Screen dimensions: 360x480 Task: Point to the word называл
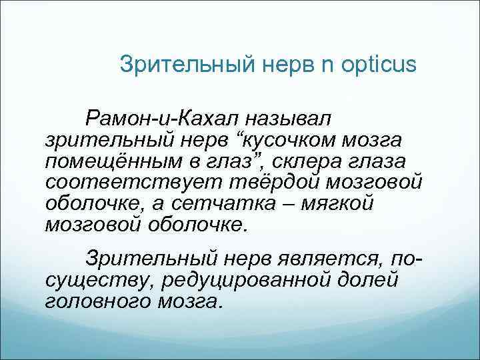[287, 119]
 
